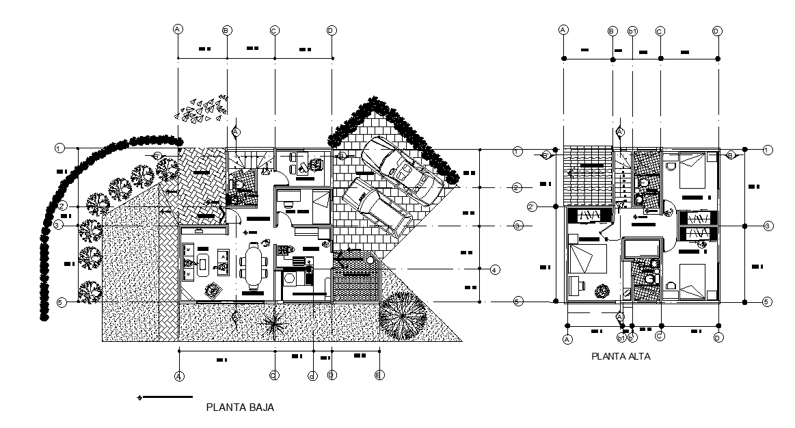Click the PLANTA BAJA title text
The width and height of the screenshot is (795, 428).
pos(240,407)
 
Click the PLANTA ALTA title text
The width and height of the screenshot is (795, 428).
pos(621,356)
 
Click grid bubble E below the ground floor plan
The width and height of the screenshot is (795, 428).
pos(379,375)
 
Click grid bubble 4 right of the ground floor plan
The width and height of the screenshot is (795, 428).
pos(494,270)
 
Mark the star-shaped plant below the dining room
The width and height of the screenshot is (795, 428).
pos(275,324)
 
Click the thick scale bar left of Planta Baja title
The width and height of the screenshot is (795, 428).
pos(167,397)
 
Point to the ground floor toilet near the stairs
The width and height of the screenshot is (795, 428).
pos(239,185)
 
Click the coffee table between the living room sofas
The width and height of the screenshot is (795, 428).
pos(202,263)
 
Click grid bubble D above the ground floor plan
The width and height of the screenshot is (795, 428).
pos(332,30)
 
